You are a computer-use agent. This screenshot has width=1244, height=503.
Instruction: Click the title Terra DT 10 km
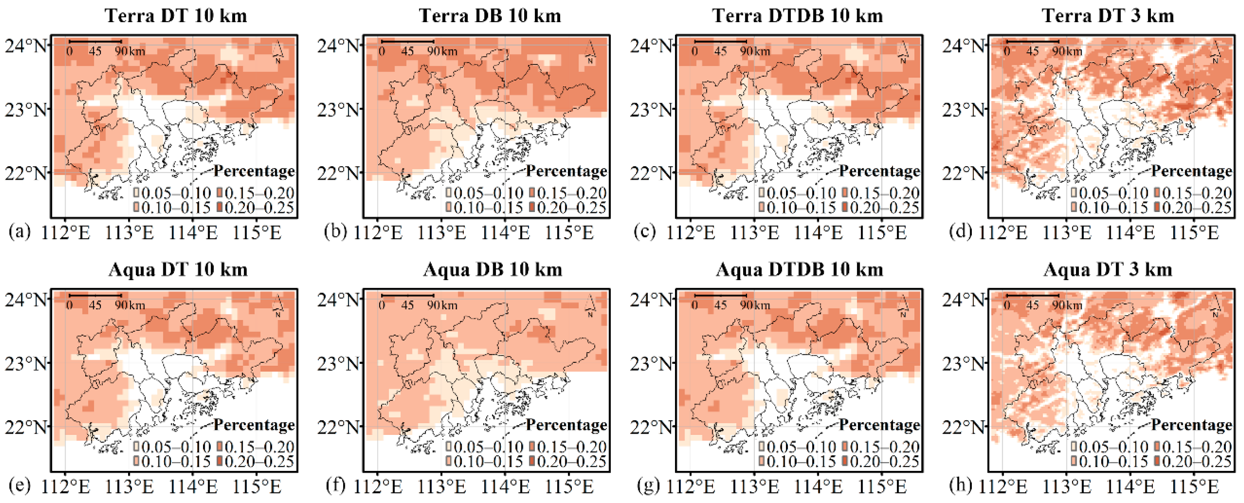coord(176,16)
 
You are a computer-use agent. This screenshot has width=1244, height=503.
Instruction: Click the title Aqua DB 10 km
coord(493,269)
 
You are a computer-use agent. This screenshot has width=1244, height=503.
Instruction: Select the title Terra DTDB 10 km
coord(797,16)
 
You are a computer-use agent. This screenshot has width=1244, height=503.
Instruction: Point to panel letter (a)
coord(19,232)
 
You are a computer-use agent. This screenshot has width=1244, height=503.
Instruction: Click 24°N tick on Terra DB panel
coord(338,46)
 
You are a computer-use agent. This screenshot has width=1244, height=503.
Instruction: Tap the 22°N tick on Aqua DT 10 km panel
coord(26,427)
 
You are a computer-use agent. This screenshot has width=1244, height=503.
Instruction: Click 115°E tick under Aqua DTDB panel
coord(882,487)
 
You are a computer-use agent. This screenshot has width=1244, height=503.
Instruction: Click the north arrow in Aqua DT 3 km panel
coord(1215,306)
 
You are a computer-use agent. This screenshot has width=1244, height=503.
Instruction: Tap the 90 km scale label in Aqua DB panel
coord(442,305)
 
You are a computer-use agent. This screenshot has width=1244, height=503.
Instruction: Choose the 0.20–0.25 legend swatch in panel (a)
coord(220,208)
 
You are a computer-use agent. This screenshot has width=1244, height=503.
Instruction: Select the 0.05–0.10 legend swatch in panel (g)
coord(762,447)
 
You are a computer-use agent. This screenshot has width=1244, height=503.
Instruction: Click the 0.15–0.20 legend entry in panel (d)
coord(1193,193)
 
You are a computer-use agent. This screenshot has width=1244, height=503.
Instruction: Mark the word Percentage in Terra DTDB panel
coord(879,171)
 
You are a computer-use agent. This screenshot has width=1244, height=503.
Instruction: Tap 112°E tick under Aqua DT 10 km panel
coord(66,487)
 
